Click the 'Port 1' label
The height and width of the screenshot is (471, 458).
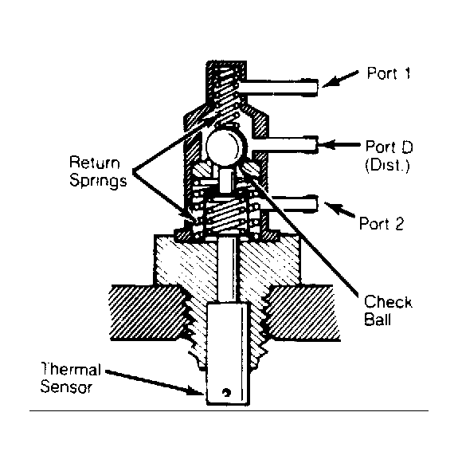(389, 73)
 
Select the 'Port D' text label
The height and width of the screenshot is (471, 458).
(389, 147)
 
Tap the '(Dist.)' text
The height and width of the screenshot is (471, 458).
(387, 165)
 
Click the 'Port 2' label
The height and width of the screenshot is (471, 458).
(382, 223)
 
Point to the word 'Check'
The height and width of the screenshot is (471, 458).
(388, 302)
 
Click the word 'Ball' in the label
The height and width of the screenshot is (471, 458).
(378, 319)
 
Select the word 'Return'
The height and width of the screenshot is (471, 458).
(95, 163)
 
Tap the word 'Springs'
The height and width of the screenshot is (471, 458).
(98, 182)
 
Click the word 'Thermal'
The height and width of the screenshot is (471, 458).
(70, 369)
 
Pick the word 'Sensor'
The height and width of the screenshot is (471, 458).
(66, 387)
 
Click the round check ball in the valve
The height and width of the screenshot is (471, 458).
(226, 146)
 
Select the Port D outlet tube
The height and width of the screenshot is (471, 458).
(285, 144)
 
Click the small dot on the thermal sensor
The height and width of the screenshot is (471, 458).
(225, 393)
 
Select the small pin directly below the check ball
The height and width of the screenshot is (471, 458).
(225, 180)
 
